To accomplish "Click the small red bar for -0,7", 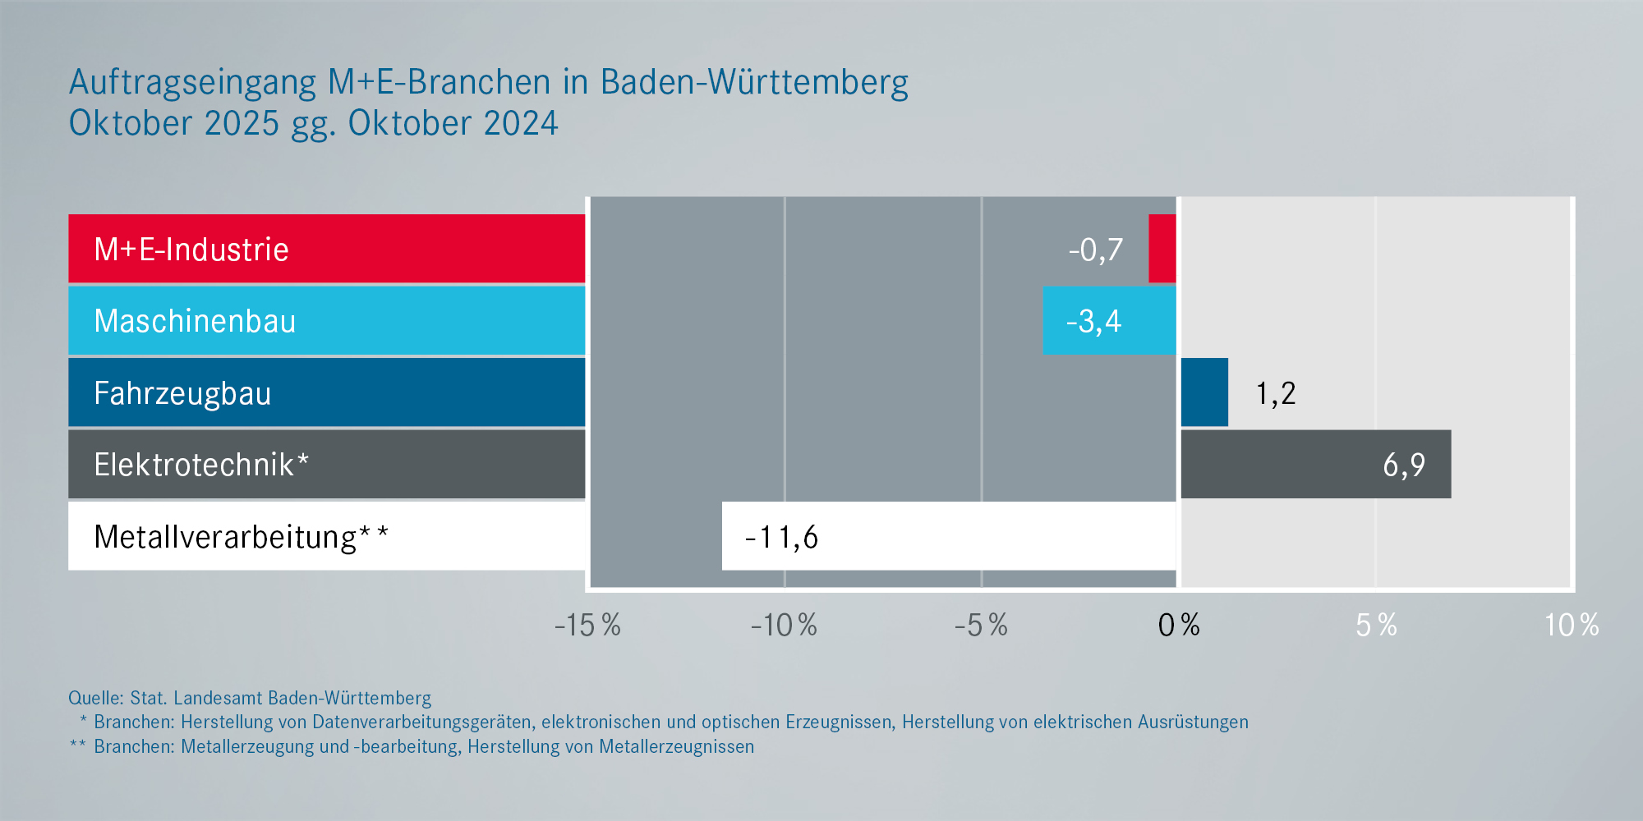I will pyautogui.click(x=1162, y=249).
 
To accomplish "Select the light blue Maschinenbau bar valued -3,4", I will pyautogui.click(x=1109, y=321).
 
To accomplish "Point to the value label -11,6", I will pyautogui.click(x=781, y=538).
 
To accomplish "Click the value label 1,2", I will pyautogui.click(x=1276, y=394).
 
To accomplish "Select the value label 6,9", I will pyautogui.click(x=1404, y=466).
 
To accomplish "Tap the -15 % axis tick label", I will pyautogui.click(x=587, y=626).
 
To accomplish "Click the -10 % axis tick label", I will pyautogui.click(x=784, y=626).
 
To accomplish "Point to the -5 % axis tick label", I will pyautogui.click(x=981, y=626).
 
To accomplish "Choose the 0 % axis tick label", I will pyautogui.click(x=1179, y=626).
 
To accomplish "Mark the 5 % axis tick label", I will pyautogui.click(x=1376, y=626).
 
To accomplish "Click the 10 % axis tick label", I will pyautogui.click(x=1571, y=626).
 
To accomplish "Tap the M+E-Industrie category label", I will pyautogui.click(x=191, y=250).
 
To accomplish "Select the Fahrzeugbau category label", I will pyautogui.click(x=182, y=394).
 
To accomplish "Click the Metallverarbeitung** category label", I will pyautogui.click(x=241, y=538).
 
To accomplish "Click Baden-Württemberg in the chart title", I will pyautogui.click(x=754, y=83).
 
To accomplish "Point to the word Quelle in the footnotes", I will pyautogui.click(x=95, y=699).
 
